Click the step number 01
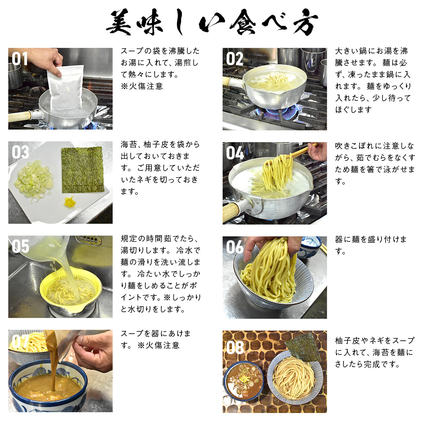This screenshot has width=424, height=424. (20, 59)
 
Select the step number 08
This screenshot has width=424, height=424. (235, 347)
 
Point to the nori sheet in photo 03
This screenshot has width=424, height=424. (83, 170)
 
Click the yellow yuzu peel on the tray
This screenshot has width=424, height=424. (70, 202)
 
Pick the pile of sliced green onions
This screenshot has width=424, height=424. (34, 180)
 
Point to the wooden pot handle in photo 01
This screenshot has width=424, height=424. (20, 117)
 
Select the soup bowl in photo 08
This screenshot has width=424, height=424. (243, 381)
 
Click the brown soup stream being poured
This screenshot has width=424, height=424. (53, 360)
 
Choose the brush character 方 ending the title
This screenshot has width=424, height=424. (305, 22)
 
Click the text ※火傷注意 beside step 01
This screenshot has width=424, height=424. (142, 86)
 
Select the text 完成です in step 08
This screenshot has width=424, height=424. (382, 364)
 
